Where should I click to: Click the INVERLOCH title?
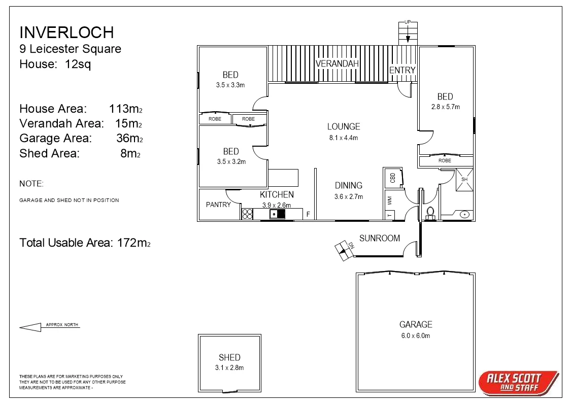(x=66, y=32)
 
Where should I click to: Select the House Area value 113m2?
(x=125, y=109)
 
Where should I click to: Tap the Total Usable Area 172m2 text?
(x=85, y=243)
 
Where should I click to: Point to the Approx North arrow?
(x=30, y=327)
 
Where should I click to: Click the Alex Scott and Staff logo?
(x=518, y=382)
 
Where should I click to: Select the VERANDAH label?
(x=337, y=63)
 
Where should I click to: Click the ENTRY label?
(x=402, y=70)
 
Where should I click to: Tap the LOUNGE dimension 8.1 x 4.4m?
(x=344, y=138)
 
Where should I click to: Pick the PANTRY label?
(x=218, y=205)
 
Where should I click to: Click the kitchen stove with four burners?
(x=247, y=214)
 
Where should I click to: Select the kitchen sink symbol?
(x=277, y=214)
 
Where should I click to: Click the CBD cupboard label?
(x=392, y=178)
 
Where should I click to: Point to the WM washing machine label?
(x=390, y=201)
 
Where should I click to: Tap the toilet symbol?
(x=430, y=213)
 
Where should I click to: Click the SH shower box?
(x=464, y=180)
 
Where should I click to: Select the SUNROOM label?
(x=379, y=238)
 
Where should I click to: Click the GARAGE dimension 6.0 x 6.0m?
(x=416, y=336)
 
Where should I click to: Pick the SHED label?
(x=229, y=357)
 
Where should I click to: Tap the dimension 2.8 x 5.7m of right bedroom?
(x=445, y=107)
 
